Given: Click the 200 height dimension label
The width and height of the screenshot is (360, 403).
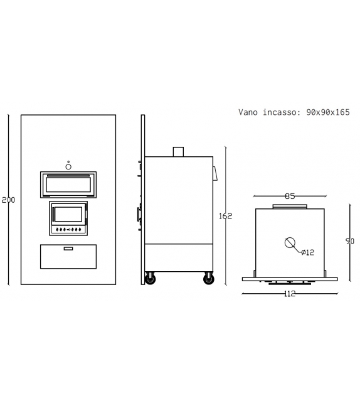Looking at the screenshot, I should coord(8,200).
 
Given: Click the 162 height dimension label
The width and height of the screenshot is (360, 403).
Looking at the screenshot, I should coord(226,216).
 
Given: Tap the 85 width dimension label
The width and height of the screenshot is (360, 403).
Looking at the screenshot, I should coord(290,196).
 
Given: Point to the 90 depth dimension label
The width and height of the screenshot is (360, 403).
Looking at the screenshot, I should coord(350,241).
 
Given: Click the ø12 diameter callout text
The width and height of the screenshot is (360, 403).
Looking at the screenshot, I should coord(308,252).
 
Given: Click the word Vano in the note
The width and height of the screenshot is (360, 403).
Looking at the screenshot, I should coord(249,112).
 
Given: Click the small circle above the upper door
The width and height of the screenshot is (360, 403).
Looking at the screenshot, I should coord(68,166).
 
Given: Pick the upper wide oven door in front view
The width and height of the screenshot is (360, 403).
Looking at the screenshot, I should coord(68,185).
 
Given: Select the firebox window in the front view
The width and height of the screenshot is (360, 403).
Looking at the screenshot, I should coord(68,213).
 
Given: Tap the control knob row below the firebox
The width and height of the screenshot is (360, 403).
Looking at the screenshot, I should coord(68,230).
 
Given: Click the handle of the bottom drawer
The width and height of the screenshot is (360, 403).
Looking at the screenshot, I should coord(68,249).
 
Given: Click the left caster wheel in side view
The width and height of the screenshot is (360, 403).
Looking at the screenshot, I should coord(151,278).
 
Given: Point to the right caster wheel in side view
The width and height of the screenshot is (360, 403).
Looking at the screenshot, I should coord(208,278).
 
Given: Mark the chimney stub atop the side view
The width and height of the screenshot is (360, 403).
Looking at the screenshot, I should coord(178,151).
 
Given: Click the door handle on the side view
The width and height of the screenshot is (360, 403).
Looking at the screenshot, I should coord(139,213).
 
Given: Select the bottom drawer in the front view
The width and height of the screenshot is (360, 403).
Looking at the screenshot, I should coord(68,257).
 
